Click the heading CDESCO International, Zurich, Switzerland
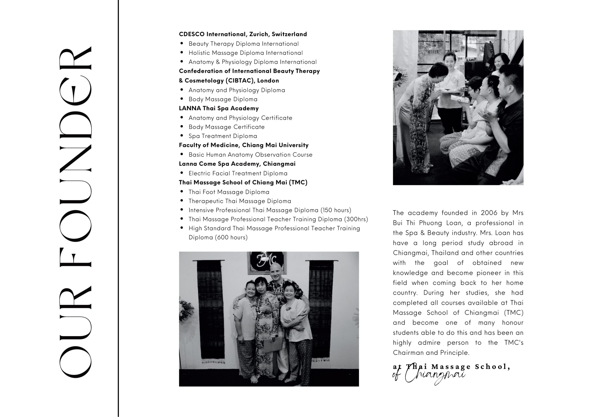[x=243, y=34]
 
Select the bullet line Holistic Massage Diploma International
[x=245, y=53]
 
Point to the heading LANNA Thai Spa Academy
[x=219, y=108]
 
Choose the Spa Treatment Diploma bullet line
[x=223, y=136]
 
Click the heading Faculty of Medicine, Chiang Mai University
[x=243, y=145]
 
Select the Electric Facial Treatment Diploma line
[x=238, y=173]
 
